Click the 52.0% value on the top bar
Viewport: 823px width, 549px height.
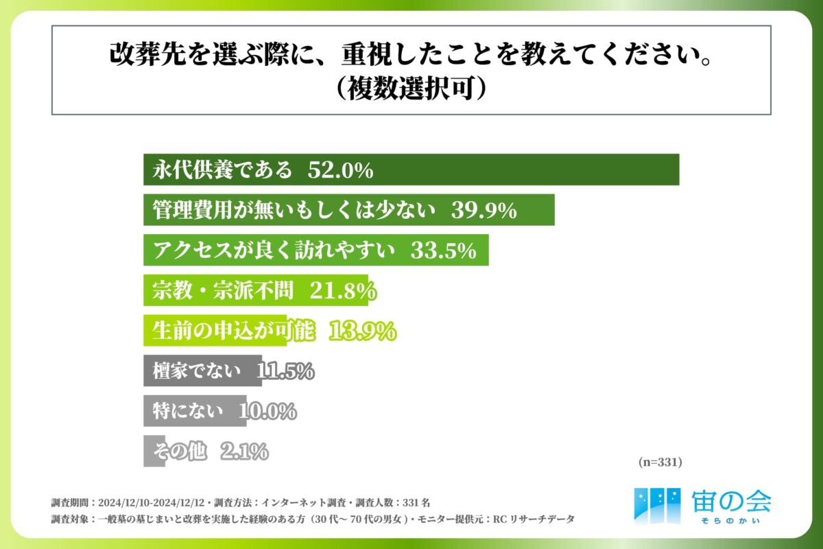click(x=340, y=170)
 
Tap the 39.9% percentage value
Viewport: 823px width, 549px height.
click(x=484, y=211)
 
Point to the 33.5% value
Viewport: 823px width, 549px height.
click(x=443, y=251)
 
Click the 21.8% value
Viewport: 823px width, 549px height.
click(x=340, y=292)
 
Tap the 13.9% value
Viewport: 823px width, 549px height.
click(x=363, y=331)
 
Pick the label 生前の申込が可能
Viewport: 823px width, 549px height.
click(x=232, y=331)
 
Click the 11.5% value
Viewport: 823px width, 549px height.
click(x=285, y=372)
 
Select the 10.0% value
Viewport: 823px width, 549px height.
click(x=267, y=412)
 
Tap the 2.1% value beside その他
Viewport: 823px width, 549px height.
click(x=244, y=452)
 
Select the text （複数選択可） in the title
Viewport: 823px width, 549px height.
click(x=411, y=89)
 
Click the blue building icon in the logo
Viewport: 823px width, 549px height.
click(x=657, y=504)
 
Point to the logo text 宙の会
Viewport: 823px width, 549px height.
click(x=731, y=502)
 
